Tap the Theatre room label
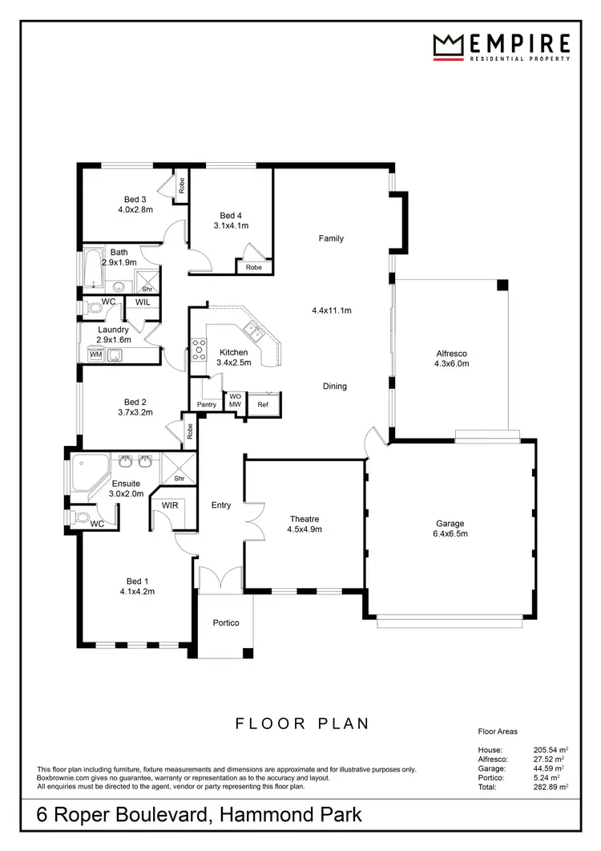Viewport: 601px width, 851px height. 304,519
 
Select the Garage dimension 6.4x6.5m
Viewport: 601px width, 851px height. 450,533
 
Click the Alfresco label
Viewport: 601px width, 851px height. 451,353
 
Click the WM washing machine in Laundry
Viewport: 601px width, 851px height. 95,355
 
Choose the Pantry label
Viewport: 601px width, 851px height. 207,405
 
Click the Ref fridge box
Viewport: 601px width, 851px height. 263,405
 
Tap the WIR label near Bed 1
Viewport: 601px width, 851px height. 170,506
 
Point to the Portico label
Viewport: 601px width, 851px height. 225,622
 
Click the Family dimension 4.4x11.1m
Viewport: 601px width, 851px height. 333,310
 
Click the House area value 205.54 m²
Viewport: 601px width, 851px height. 549,750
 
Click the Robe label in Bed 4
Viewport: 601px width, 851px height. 254,267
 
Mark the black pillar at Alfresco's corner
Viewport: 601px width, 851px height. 502,286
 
